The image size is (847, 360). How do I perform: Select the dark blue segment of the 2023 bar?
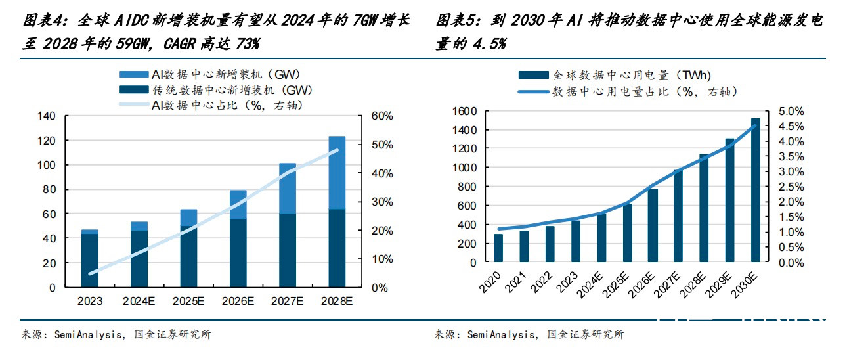click(90, 260)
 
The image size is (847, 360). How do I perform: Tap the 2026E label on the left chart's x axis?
click(238, 302)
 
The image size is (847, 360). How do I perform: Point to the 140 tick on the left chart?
click(47, 116)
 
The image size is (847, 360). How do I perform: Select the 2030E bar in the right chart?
click(756, 191)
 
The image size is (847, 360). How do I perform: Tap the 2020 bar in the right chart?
click(498, 248)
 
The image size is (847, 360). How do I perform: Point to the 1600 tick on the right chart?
click(464, 112)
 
